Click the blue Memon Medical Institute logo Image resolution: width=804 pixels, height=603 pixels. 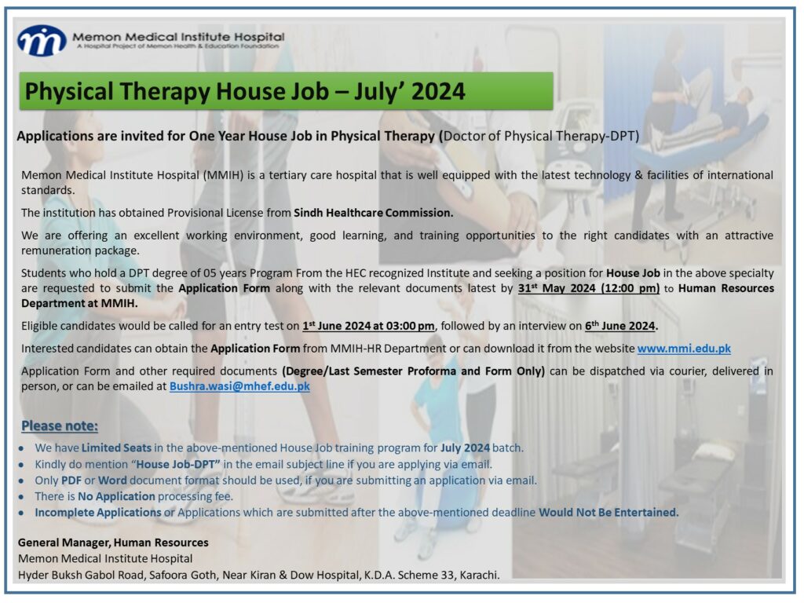[x=42, y=41]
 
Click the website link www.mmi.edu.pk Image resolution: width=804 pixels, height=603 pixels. [x=684, y=349]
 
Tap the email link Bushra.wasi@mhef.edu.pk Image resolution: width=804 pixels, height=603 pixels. [x=239, y=386]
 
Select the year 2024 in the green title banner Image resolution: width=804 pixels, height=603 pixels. [x=438, y=91]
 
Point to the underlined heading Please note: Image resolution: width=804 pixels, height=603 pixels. [x=60, y=426]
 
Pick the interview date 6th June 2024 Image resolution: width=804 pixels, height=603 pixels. [x=620, y=326]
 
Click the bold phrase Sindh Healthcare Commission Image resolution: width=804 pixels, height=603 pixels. [x=373, y=213]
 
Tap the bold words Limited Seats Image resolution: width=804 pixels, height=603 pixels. [x=116, y=448]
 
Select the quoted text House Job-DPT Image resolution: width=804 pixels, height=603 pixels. [x=178, y=464]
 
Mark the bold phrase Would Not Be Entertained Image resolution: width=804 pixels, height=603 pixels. [x=608, y=512]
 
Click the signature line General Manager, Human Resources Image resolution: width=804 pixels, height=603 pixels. [x=113, y=543]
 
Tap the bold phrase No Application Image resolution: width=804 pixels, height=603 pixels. [x=116, y=496]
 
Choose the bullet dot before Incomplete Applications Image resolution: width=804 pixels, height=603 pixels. [x=21, y=513]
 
